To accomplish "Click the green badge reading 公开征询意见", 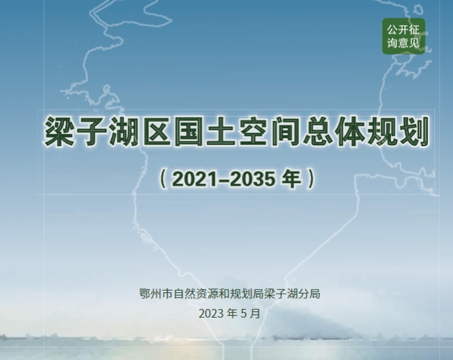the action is [x=404, y=36].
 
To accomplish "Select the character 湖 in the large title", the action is [x=124, y=132].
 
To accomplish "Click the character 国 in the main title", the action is [x=188, y=132].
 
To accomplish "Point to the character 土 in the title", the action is [x=221, y=132].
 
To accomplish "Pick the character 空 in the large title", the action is [x=253, y=132].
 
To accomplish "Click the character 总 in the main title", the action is [x=317, y=132].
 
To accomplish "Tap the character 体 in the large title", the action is [x=350, y=132].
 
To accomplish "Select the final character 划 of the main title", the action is [x=414, y=132].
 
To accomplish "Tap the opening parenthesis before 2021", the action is [x=163, y=179].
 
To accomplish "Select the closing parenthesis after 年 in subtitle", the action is [x=311, y=179].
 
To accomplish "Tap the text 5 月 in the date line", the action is [x=250, y=313].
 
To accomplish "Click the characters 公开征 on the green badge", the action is [x=403, y=29].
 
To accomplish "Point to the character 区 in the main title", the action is [x=157, y=132].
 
